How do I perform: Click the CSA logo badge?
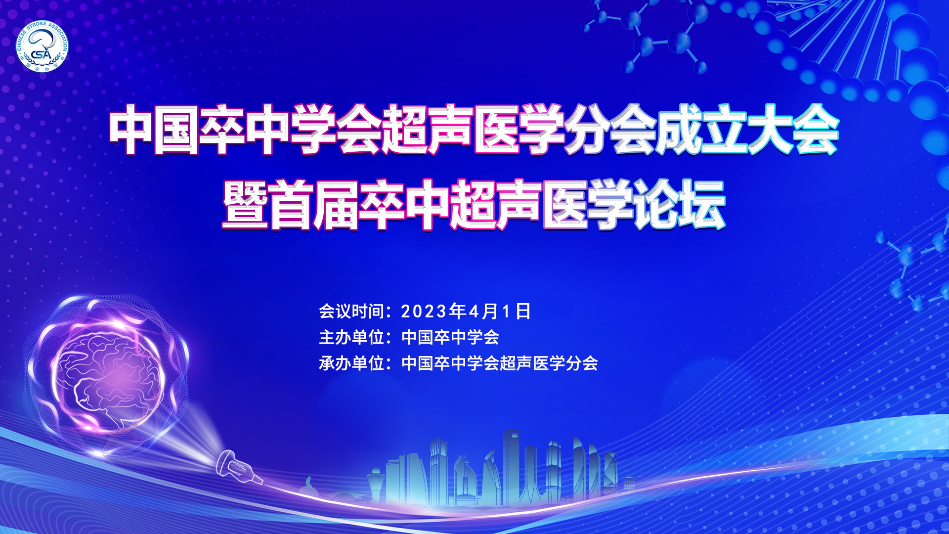[x=42, y=46]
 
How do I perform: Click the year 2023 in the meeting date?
[x=424, y=311]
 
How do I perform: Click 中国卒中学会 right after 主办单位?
[x=450, y=337]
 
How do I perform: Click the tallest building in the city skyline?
[x=512, y=467]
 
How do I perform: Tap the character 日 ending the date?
[x=523, y=311]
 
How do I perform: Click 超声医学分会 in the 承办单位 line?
[x=549, y=363]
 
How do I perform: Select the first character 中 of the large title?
[x=131, y=130]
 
